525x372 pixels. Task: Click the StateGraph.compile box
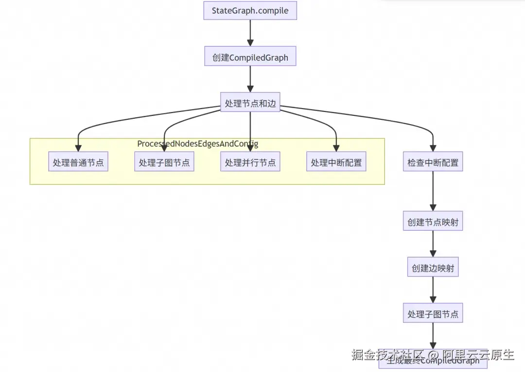[250, 11]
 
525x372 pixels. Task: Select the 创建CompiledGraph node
[250, 57]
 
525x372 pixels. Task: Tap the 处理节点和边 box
[250, 103]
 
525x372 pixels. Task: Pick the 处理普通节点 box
[78, 163]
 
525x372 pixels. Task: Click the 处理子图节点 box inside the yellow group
[164, 163]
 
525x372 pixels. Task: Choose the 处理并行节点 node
[250, 163]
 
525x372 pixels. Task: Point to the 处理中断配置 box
[336, 163]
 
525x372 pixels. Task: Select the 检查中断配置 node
[433, 163]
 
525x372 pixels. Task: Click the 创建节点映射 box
[433, 223]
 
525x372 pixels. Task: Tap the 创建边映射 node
[433, 268]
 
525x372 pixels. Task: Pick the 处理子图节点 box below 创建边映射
[433, 314]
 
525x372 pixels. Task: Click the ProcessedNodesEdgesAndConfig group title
[198, 144]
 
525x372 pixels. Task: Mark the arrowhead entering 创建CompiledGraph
[250, 43]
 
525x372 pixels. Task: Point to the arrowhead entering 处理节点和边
[250, 89]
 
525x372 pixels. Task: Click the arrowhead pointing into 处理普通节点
[78, 148]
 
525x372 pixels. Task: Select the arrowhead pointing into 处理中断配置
[336, 148]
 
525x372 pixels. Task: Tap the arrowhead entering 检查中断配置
[433, 148]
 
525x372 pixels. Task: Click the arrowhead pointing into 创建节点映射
[433, 208]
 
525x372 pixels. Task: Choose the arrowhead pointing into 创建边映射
[433, 254]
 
